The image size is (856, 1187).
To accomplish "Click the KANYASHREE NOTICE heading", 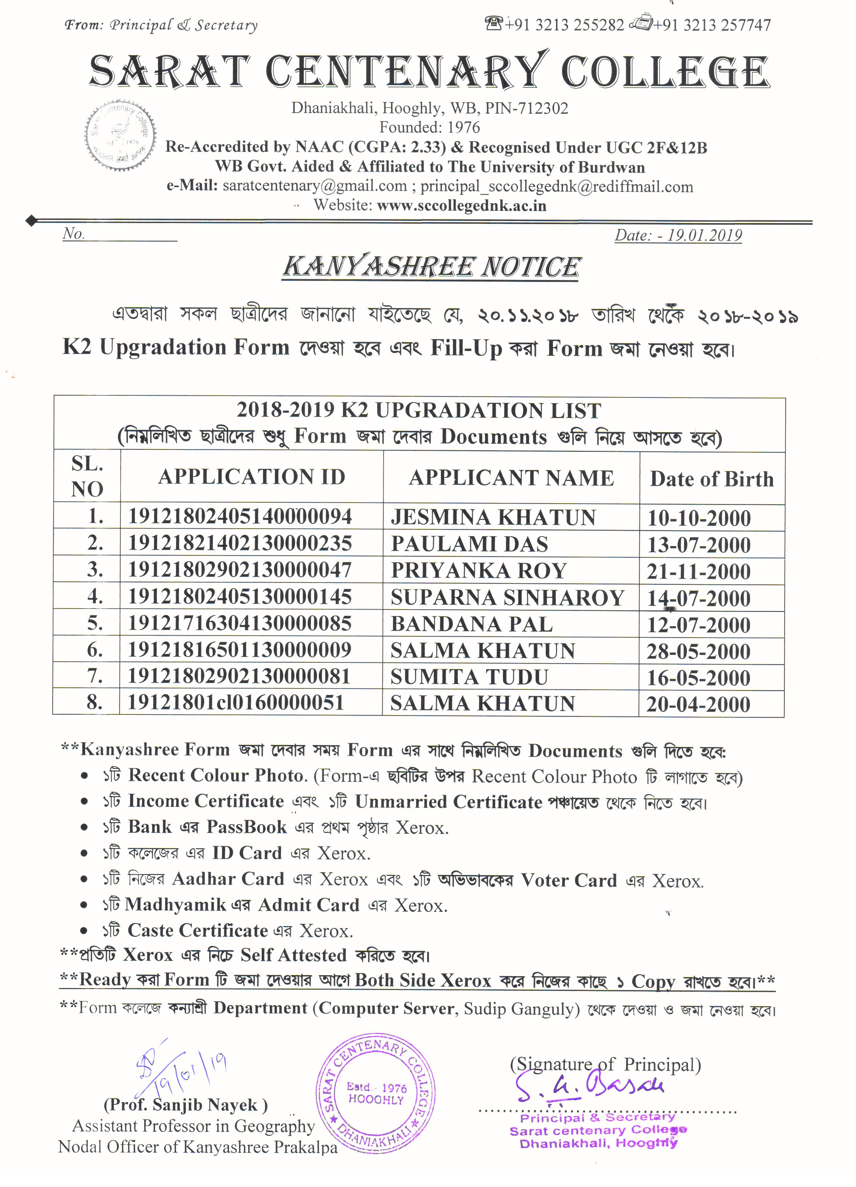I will pos(431,267).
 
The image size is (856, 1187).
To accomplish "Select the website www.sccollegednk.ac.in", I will pos(461,206).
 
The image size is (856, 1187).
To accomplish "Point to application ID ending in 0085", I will pos(240,623).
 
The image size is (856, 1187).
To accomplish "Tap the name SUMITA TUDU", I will pos(469,677).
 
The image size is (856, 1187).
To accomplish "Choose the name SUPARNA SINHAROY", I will pos(507,598).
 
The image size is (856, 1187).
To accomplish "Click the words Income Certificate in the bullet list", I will pos(206,801).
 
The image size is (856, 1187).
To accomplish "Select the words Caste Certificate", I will pos(198,930).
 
